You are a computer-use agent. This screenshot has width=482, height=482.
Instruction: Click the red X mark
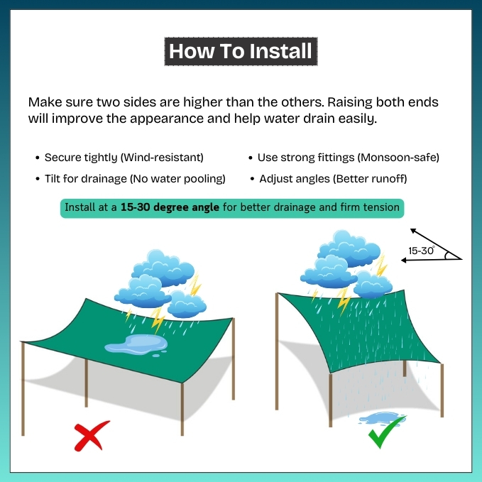click(92, 436)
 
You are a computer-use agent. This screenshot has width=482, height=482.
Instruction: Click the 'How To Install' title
click(241, 51)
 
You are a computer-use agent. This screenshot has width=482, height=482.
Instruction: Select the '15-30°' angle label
click(422, 251)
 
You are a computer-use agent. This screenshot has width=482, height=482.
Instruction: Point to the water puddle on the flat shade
click(136, 344)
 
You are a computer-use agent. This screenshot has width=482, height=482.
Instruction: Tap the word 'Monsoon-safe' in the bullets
click(398, 158)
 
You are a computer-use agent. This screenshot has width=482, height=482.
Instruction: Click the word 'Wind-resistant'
click(162, 158)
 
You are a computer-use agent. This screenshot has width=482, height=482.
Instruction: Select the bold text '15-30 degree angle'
click(170, 207)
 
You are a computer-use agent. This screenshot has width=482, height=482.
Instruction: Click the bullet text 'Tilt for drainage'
click(86, 179)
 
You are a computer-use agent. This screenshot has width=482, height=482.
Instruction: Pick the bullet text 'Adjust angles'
click(294, 179)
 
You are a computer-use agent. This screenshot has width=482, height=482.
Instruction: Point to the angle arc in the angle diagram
click(447, 255)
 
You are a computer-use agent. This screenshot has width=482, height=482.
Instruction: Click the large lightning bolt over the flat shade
click(158, 320)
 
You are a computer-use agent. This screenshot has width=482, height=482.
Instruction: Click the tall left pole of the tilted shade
click(277, 351)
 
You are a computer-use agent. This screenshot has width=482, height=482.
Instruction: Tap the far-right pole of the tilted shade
click(442, 390)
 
